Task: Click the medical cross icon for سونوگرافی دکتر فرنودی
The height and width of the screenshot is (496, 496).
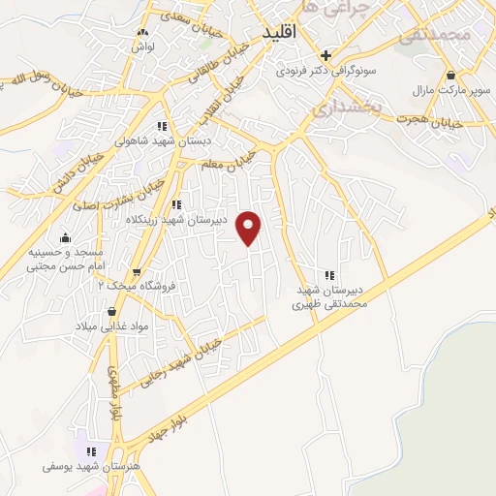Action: [326, 55]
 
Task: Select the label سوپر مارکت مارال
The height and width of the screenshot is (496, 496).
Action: [451, 90]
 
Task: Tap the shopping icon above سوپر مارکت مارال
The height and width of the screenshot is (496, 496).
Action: [451, 75]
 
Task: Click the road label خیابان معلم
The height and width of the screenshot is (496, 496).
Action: [232, 160]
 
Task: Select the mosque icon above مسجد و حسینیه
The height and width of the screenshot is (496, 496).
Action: [65, 238]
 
